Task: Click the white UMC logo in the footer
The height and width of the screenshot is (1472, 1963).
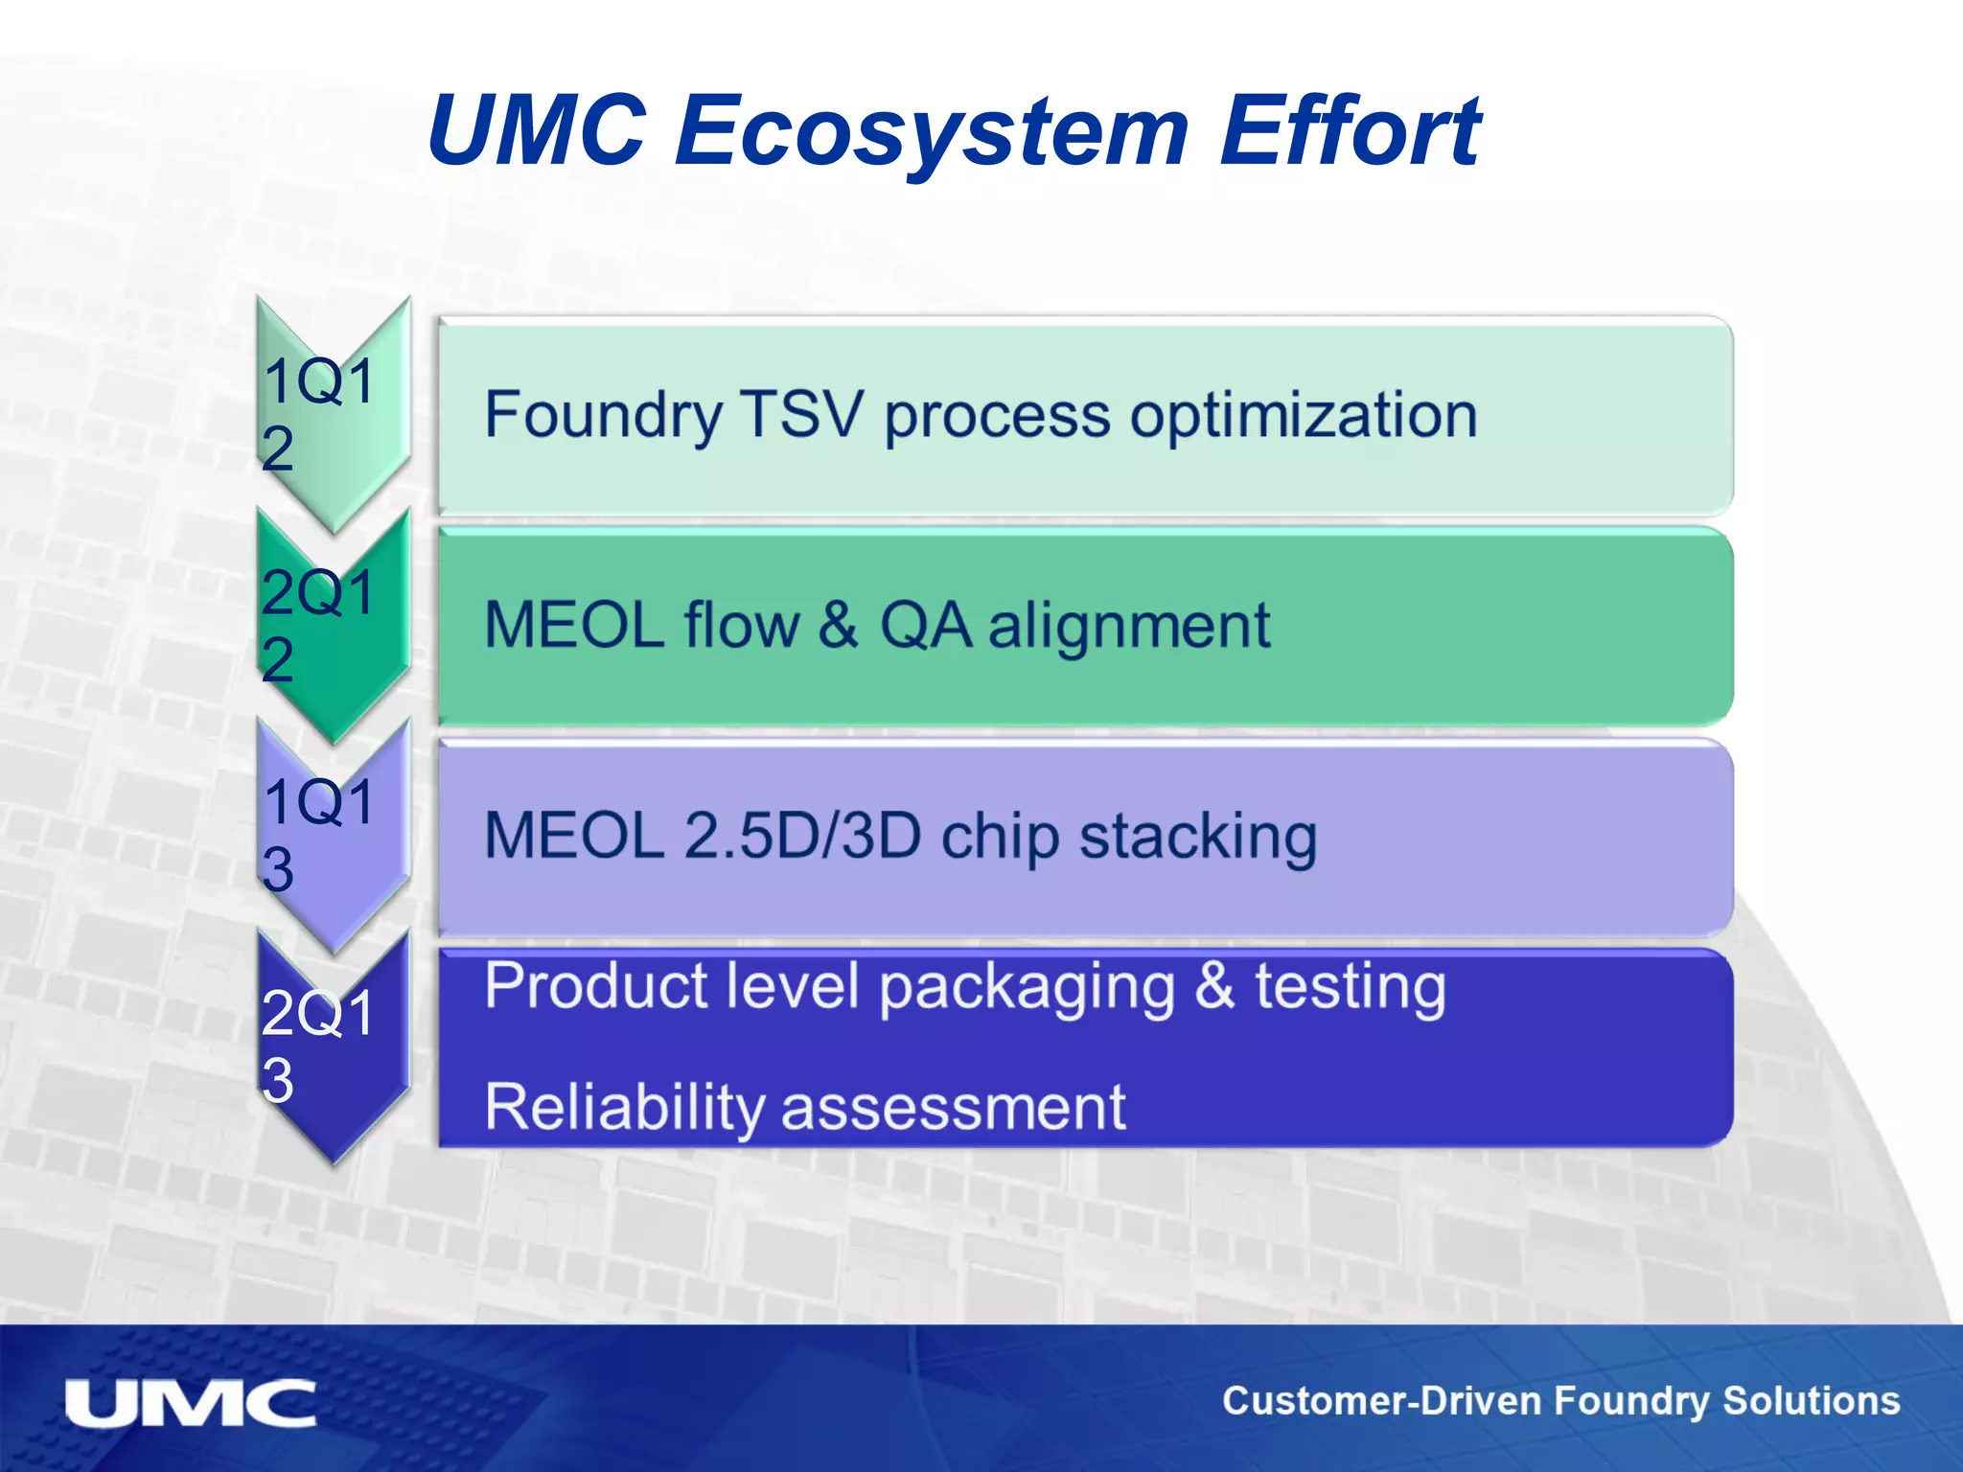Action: point(190,1403)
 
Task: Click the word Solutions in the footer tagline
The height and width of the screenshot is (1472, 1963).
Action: point(1811,1401)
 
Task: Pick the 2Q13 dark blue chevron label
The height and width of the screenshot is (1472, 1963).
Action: point(320,1046)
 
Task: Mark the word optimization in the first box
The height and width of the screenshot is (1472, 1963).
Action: point(1304,417)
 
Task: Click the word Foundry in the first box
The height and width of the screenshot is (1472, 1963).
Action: point(603,417)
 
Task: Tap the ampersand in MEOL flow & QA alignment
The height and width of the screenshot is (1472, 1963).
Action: point(838,625)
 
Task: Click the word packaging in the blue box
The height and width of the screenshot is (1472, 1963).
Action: point(1026,988)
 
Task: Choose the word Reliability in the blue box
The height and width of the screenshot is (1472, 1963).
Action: point(624,1108)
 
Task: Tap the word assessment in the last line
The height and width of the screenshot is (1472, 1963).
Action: point(953,1108)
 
